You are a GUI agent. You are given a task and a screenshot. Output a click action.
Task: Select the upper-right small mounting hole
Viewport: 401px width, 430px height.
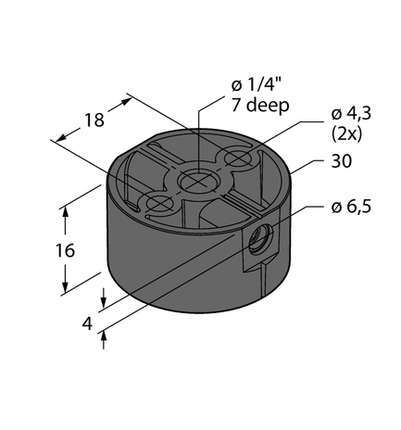point(239,161)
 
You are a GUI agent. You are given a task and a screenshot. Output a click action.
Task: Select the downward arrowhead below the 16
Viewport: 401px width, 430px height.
point(65,286)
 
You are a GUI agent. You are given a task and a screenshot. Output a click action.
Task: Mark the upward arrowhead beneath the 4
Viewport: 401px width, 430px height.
point(105,336)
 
